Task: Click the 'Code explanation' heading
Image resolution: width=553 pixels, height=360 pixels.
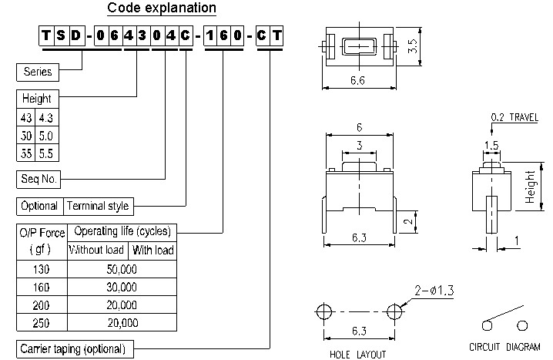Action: coord(162,9)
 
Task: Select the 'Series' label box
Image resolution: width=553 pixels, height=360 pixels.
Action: coord(39,72)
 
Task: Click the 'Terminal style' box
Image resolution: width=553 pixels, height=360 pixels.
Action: coord(98,206)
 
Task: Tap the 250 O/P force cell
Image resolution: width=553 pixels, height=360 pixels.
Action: coord(42,322)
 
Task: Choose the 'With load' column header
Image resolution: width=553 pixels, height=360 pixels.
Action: coord(153,250)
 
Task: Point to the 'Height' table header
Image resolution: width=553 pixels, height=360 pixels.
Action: coord(37,99)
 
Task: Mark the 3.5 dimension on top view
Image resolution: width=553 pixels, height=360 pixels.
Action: coord(414,45)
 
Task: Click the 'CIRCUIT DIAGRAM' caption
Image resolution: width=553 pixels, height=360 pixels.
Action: coord(504,346)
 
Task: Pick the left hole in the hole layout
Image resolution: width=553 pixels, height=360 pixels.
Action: coord(323,311)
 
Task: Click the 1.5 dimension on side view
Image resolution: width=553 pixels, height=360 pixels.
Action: coord(490,144)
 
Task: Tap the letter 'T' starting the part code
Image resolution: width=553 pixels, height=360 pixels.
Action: coord(48,35)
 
